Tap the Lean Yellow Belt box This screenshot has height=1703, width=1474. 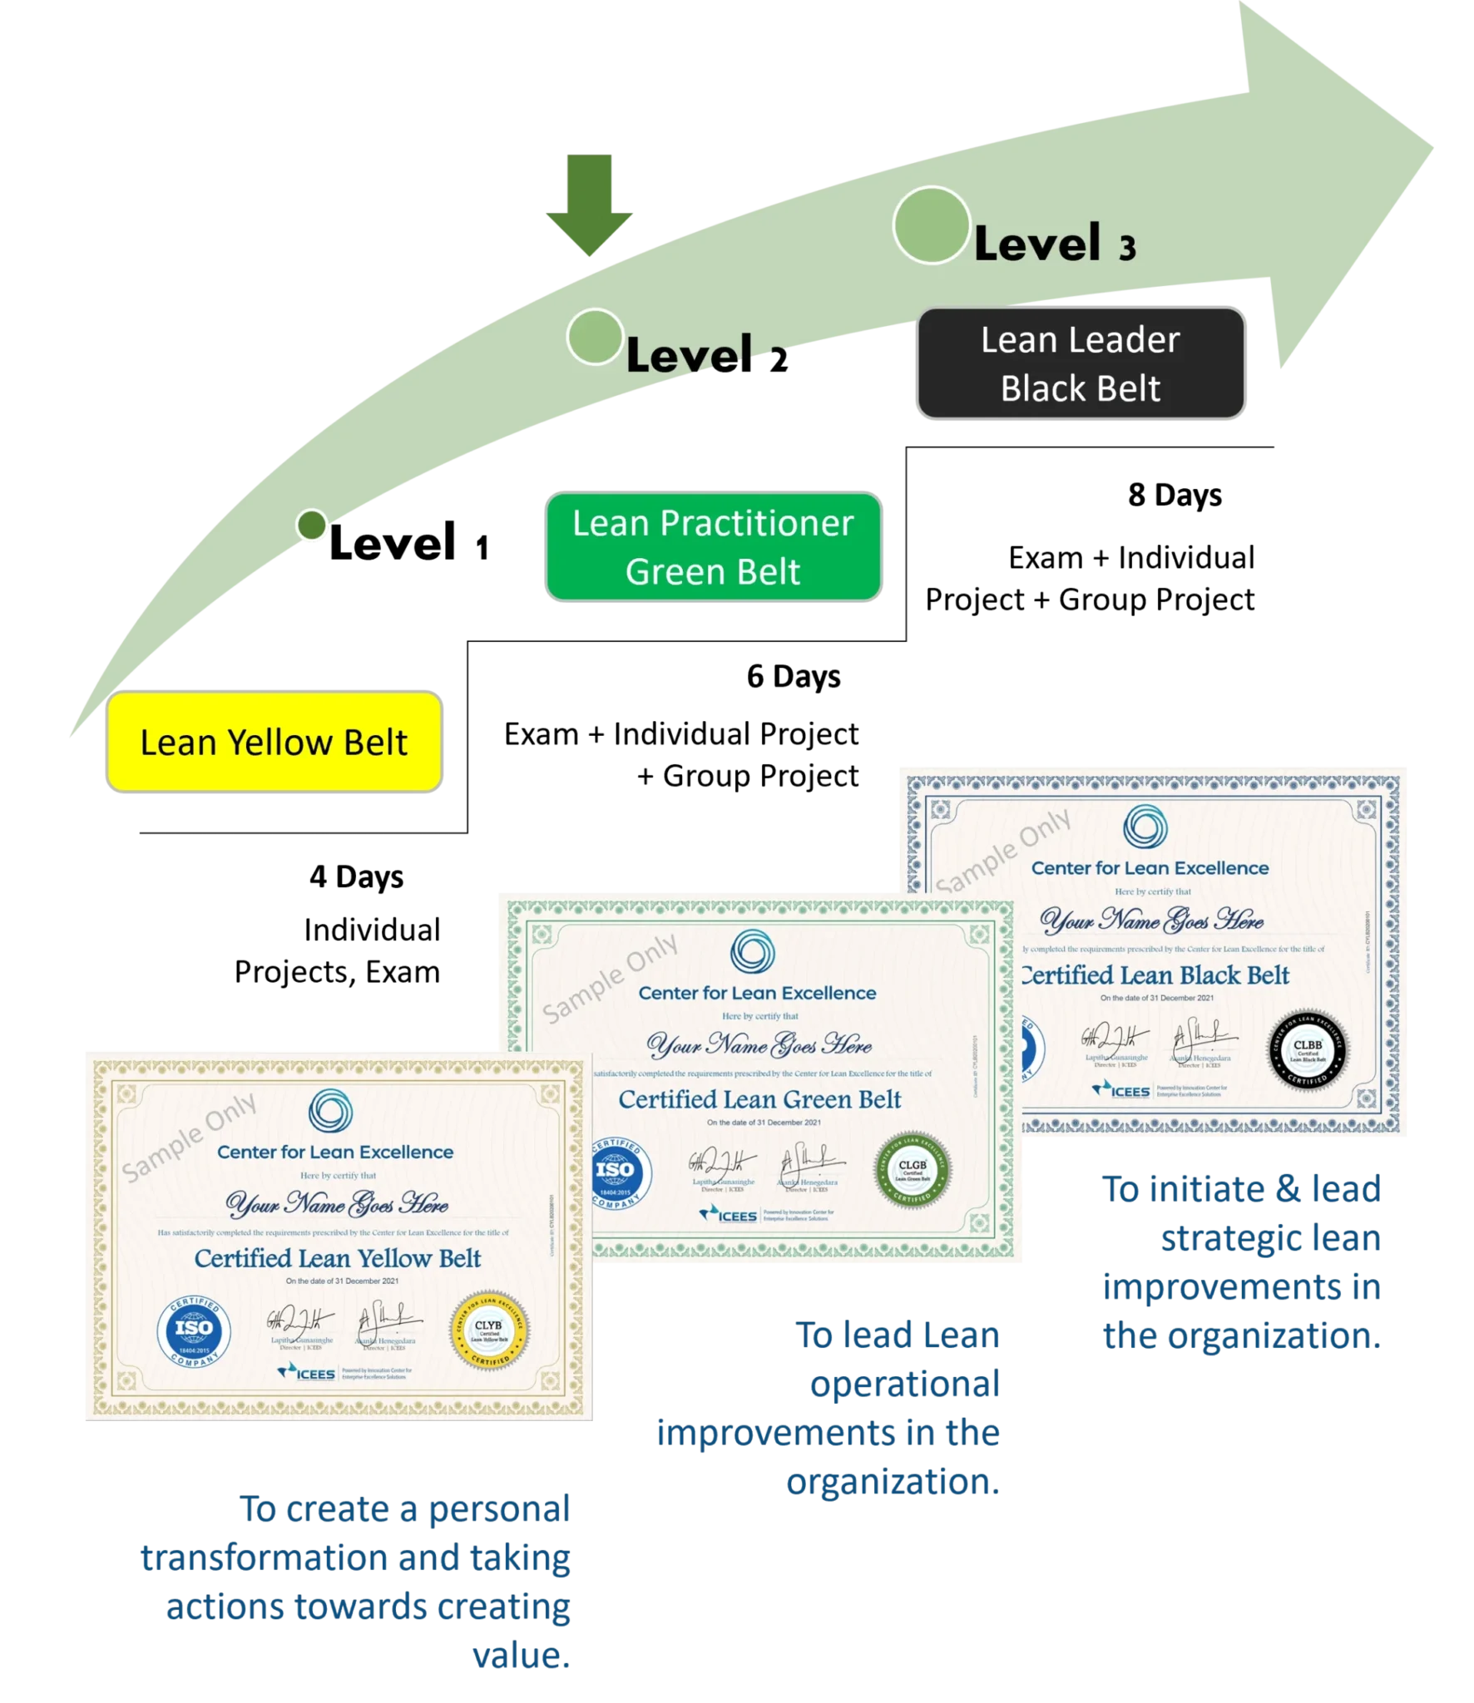pos(274,742)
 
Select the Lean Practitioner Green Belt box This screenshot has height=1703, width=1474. pos(713,546)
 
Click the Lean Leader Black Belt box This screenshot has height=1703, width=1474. pos(1080,363)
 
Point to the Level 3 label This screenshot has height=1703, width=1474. pos(1054,244)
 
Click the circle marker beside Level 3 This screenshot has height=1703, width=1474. pos(931,225)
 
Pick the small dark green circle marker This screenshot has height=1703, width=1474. pos(312,526)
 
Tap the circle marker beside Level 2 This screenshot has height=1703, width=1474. pos(594,337)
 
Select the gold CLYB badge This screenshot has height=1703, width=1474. pos(488,1330)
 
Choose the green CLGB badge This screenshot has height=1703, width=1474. pos(913,1170)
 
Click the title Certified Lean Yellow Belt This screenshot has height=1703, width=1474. pos(338,1258)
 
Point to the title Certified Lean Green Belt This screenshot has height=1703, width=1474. pos(759,1099)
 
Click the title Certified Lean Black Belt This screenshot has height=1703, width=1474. pos(1155,975)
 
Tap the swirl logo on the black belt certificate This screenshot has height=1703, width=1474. pos(1145,827)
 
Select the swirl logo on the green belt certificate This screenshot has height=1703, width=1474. pos(752,951)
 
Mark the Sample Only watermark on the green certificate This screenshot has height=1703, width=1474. pos(611,978)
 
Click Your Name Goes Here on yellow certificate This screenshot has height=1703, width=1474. pos(337,1203)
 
